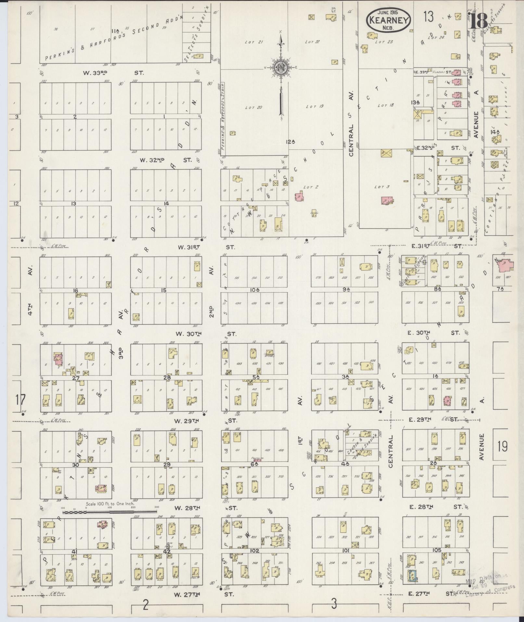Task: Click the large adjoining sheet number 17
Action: (20, 399)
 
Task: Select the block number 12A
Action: (290, 142)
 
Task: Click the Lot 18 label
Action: (386, 105)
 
